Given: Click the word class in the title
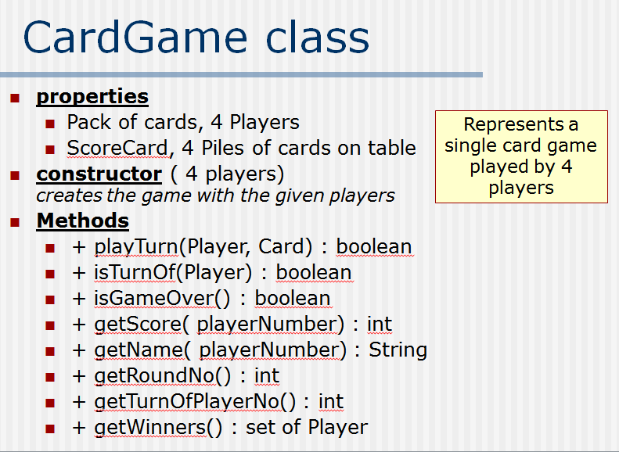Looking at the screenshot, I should pos(316,38).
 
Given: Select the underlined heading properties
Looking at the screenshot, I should pos(92,97).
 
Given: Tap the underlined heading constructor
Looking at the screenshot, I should pos(99,173).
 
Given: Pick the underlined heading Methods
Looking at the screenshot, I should pos(82,221).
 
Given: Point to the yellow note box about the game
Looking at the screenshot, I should pos(521,156).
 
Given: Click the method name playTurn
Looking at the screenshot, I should pos(136,247).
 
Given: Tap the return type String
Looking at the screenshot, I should pos(398,350).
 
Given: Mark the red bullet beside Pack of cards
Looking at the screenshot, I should pos(50,124).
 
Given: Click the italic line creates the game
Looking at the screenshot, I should pos(215,196).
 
